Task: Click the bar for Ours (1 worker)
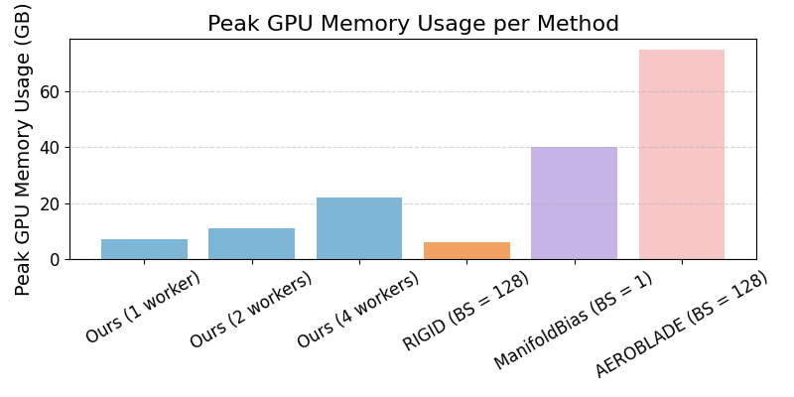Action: click(144, 249)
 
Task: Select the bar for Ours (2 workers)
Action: click(251, 244)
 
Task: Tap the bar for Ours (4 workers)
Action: click(359, 228)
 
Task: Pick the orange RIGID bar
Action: click(466, 251)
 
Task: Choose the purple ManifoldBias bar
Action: click(574, 203)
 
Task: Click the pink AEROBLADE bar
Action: click(682, 155)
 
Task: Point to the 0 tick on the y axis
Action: click(55, 260)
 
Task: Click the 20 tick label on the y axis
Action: click(50, 203)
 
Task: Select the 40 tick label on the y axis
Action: click(50, 148)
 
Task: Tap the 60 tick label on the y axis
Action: click(50, 92)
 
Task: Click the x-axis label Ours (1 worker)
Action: click(143, 307)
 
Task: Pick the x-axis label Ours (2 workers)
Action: click(251, 310)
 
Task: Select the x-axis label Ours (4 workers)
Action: click(358, 310)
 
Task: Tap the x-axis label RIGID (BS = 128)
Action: click(465, 312)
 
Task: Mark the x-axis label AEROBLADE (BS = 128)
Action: click(682, 325)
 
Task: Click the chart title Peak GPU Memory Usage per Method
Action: click(413, 24)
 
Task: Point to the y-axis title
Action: click(24, 149)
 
